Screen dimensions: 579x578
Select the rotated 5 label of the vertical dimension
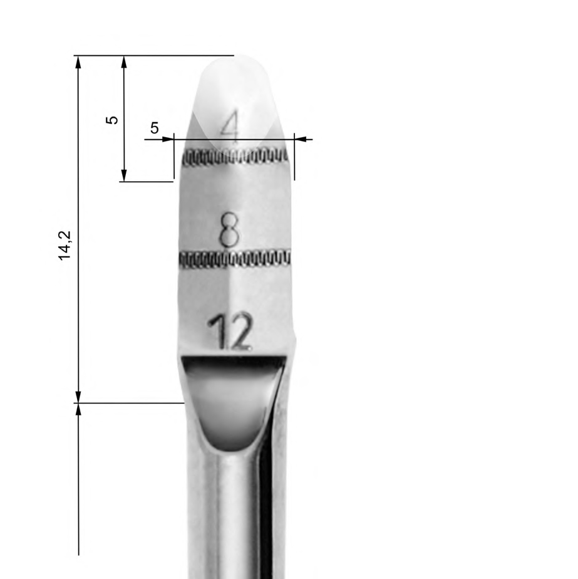[x=112, y=119]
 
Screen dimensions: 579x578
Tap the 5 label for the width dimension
[x=155, y=128]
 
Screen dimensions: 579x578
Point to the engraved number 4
[x=230, y=128]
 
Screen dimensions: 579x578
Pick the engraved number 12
[x=230, y=331]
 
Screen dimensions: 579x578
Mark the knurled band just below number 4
[x=235, y=157]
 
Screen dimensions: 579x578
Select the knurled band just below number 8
[x=235, y=258]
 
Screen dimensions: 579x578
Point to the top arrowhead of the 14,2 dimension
[x=78, y=61]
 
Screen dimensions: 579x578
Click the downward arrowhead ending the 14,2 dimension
[x=78, y=397]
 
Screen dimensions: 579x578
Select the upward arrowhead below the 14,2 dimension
[x=78, y=409]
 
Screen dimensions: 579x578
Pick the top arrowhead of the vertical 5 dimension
[x=124, y=61]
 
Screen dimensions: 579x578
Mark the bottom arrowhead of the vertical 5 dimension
[x=124, y=175]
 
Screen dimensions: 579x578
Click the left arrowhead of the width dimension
[x=167, y=139]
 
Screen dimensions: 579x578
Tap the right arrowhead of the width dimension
[x=300, y=139]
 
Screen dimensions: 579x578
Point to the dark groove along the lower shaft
[x=266, y=501]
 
